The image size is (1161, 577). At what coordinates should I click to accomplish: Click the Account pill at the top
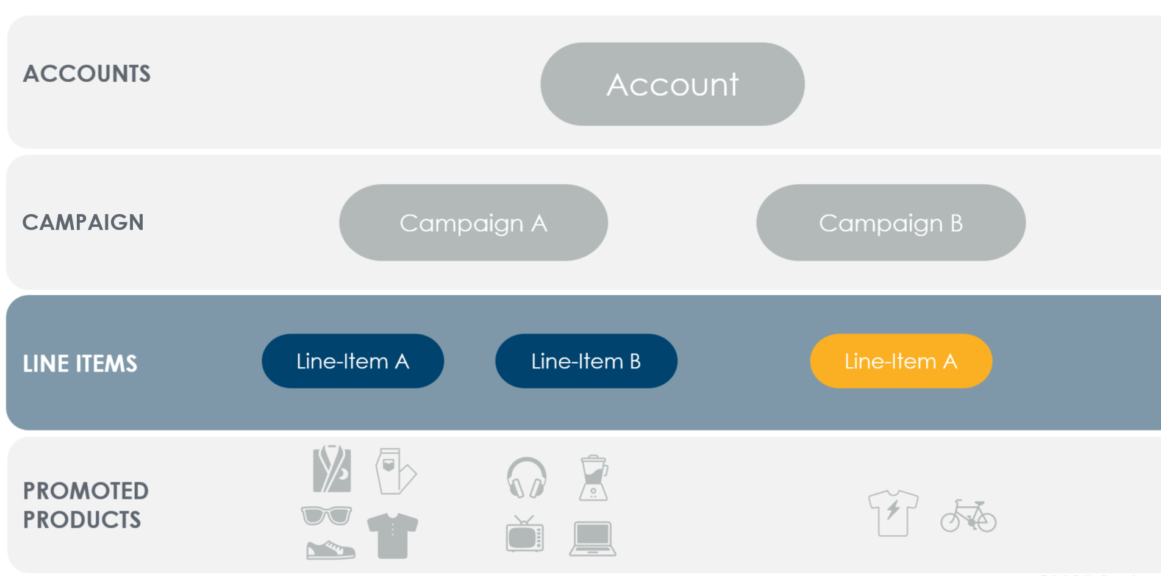point(672,84)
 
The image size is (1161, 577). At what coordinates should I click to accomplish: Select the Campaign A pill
point(473,223)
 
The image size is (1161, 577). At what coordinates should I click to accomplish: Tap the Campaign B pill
point(891,223)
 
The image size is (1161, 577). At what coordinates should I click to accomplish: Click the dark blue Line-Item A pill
point(352,361)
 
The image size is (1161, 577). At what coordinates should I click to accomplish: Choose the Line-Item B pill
point(586,361)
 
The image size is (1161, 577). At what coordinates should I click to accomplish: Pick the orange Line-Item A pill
point(901,361)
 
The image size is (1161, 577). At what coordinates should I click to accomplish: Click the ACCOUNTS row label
point(87,74)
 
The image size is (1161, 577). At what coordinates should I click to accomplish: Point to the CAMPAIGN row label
point(83,222)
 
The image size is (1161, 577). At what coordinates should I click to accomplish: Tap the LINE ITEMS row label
point(80,364)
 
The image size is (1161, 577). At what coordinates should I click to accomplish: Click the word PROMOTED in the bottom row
point(86,491)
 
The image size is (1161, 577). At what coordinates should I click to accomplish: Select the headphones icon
point(527,478)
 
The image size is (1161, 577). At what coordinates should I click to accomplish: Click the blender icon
point(594,478)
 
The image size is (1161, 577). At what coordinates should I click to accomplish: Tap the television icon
point(525,534)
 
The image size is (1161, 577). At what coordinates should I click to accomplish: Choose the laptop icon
point(593,539)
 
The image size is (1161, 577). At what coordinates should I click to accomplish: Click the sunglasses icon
point(326,515)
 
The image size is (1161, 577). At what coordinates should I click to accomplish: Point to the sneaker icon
point(330,550)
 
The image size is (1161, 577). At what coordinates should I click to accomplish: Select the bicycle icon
point(968,516)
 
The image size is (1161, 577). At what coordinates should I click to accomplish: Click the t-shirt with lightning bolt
point(893,512)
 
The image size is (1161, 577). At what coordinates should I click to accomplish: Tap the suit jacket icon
point(332,468)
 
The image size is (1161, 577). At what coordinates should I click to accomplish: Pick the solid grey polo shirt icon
point(393,536)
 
